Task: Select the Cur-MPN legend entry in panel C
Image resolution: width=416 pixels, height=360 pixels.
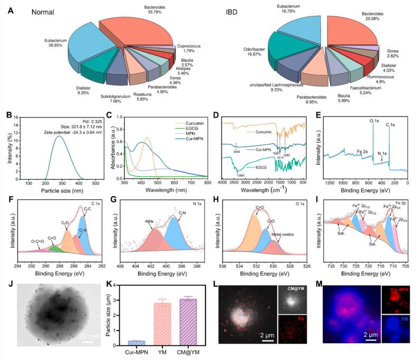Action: pos(186,140)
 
